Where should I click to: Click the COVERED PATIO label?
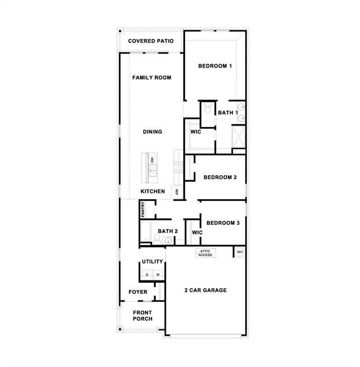tap(151, 41)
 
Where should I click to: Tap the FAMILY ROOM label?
tap(152, 78)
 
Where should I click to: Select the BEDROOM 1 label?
tap(215, 66)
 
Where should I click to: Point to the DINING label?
tap(153, 132)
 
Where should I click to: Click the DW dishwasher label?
tap(153, 160)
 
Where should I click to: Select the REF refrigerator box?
tap(176, 192)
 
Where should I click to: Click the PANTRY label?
tap(143, 209)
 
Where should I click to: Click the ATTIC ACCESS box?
tap(205, 253)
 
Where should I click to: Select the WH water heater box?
tap(240, 252)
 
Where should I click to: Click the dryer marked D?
tap(147, 275)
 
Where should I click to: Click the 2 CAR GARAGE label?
tap(206, 290)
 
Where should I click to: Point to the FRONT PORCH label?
tap(142, 316)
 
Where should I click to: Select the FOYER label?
tap(138, 292)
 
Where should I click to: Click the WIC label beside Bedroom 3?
tap(197, 233)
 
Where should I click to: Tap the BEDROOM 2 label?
tap(220, 178)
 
